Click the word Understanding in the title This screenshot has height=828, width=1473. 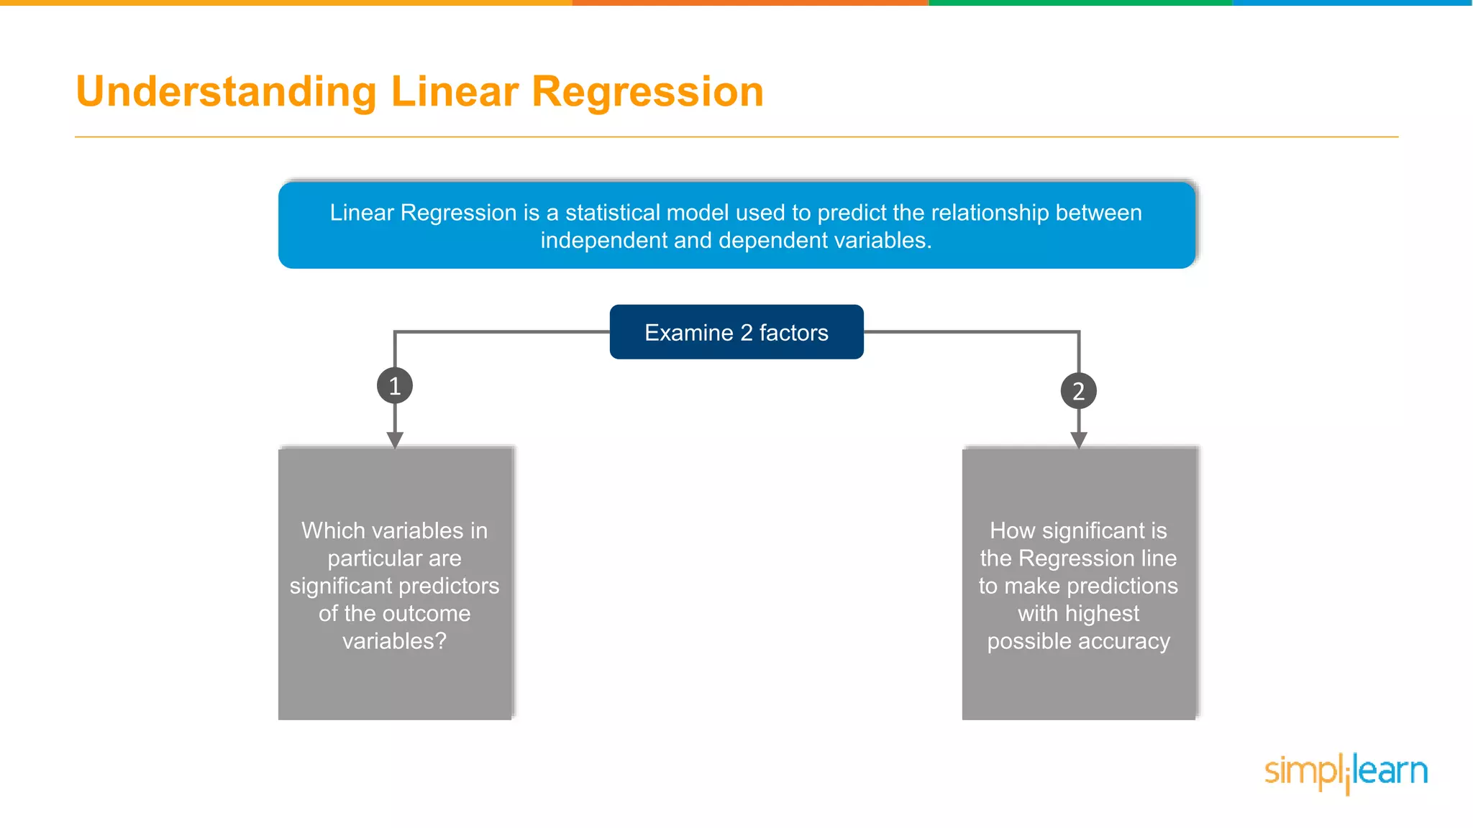tap(227, 92)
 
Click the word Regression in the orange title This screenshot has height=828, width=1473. tap(647, 92)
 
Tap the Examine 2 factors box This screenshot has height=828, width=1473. tap(736, 332)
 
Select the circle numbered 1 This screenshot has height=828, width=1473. tap(395, 386)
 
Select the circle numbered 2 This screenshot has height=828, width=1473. tap(1078, 391)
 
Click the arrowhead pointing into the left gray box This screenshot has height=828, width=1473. tap(395, 440)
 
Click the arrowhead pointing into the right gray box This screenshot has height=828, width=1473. tap(1078, 440)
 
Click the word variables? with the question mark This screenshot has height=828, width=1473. tap(394, 641)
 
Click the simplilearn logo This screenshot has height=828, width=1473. tap(1346, 773)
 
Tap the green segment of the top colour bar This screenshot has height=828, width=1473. tap(1080, 3)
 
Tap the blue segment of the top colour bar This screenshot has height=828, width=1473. tap(1352, 3)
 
